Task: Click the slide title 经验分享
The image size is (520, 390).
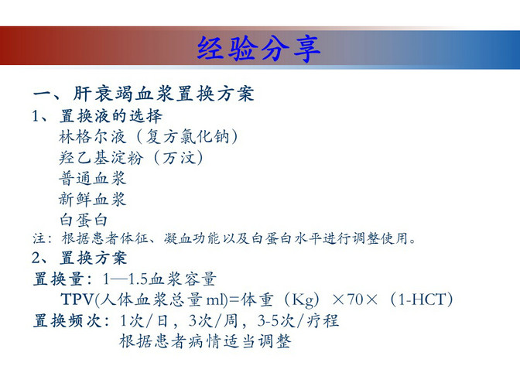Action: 258,49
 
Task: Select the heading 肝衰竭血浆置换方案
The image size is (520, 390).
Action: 163,94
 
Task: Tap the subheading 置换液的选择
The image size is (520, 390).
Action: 111,116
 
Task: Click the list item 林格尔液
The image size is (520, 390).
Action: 93,137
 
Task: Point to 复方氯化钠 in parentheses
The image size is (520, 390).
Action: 188,137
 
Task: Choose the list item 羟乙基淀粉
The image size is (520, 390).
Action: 101,158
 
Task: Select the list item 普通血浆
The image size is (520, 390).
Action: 93,179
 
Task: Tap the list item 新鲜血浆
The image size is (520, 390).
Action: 93,200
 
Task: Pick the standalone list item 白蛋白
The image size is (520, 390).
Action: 84,220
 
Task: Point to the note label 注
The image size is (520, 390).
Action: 39,238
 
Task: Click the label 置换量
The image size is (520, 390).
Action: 58,279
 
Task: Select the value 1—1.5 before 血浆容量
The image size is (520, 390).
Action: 125,279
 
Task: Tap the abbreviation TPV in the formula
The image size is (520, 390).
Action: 77,299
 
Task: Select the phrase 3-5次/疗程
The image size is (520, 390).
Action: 298,320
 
